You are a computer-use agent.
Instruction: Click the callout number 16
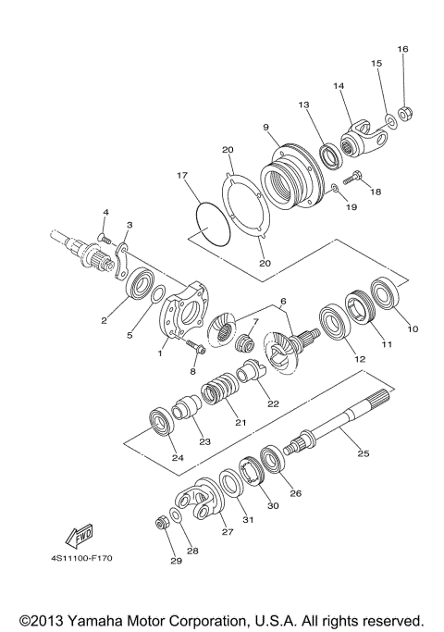click(401, 48)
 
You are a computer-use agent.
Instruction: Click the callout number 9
click(265, 127)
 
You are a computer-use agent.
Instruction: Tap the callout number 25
click(363, 453)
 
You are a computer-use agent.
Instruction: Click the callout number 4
click(105, 213)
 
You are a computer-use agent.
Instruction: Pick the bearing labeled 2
click(142, 282)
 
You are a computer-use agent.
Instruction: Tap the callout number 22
click(274, 403)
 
